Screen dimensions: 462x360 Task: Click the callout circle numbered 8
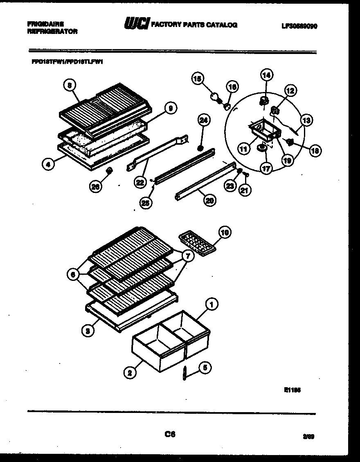70,85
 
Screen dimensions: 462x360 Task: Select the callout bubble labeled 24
203,120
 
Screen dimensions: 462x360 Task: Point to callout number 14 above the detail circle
266,75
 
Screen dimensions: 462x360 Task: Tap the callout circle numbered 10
225,233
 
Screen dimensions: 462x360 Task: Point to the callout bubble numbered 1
211,304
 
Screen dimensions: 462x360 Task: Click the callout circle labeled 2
130,372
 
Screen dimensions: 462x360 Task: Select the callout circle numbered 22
141,183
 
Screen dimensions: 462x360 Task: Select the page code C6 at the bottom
170,435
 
